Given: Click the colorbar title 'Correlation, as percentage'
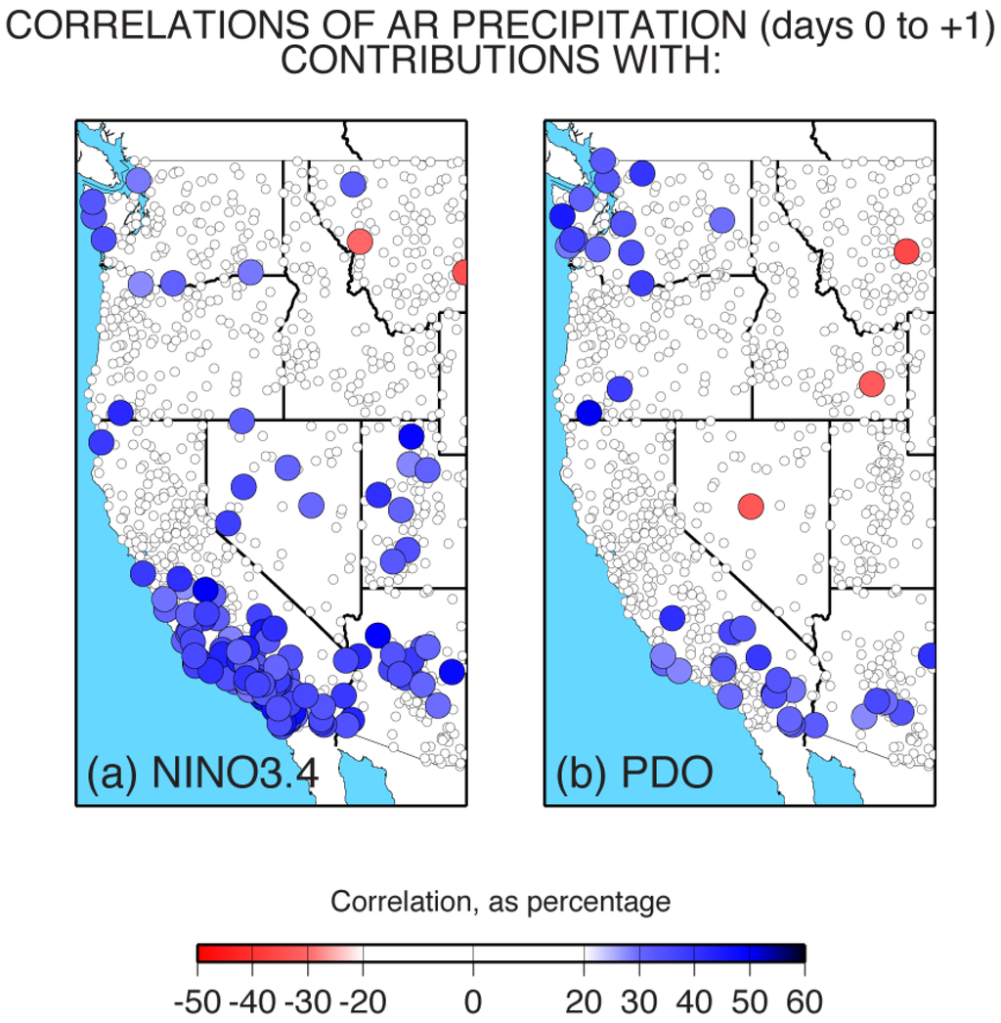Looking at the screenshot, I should point(500,901).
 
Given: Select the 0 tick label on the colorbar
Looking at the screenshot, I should point(473,1001).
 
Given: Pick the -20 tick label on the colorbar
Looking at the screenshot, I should point(364,1001).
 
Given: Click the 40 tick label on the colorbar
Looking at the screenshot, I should point(695,1001).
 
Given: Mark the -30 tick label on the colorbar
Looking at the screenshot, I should point(309,1001).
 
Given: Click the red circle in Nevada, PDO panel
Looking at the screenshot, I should point(750,507).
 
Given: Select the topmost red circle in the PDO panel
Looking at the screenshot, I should point(906,251).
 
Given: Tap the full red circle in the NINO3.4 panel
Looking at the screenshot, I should point(360,241).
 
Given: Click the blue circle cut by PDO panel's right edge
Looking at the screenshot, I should point(928,655).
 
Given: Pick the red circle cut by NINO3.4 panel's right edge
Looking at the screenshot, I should point(461,272).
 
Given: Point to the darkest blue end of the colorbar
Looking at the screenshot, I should point(798,954).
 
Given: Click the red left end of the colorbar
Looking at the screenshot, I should point(203,954).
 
